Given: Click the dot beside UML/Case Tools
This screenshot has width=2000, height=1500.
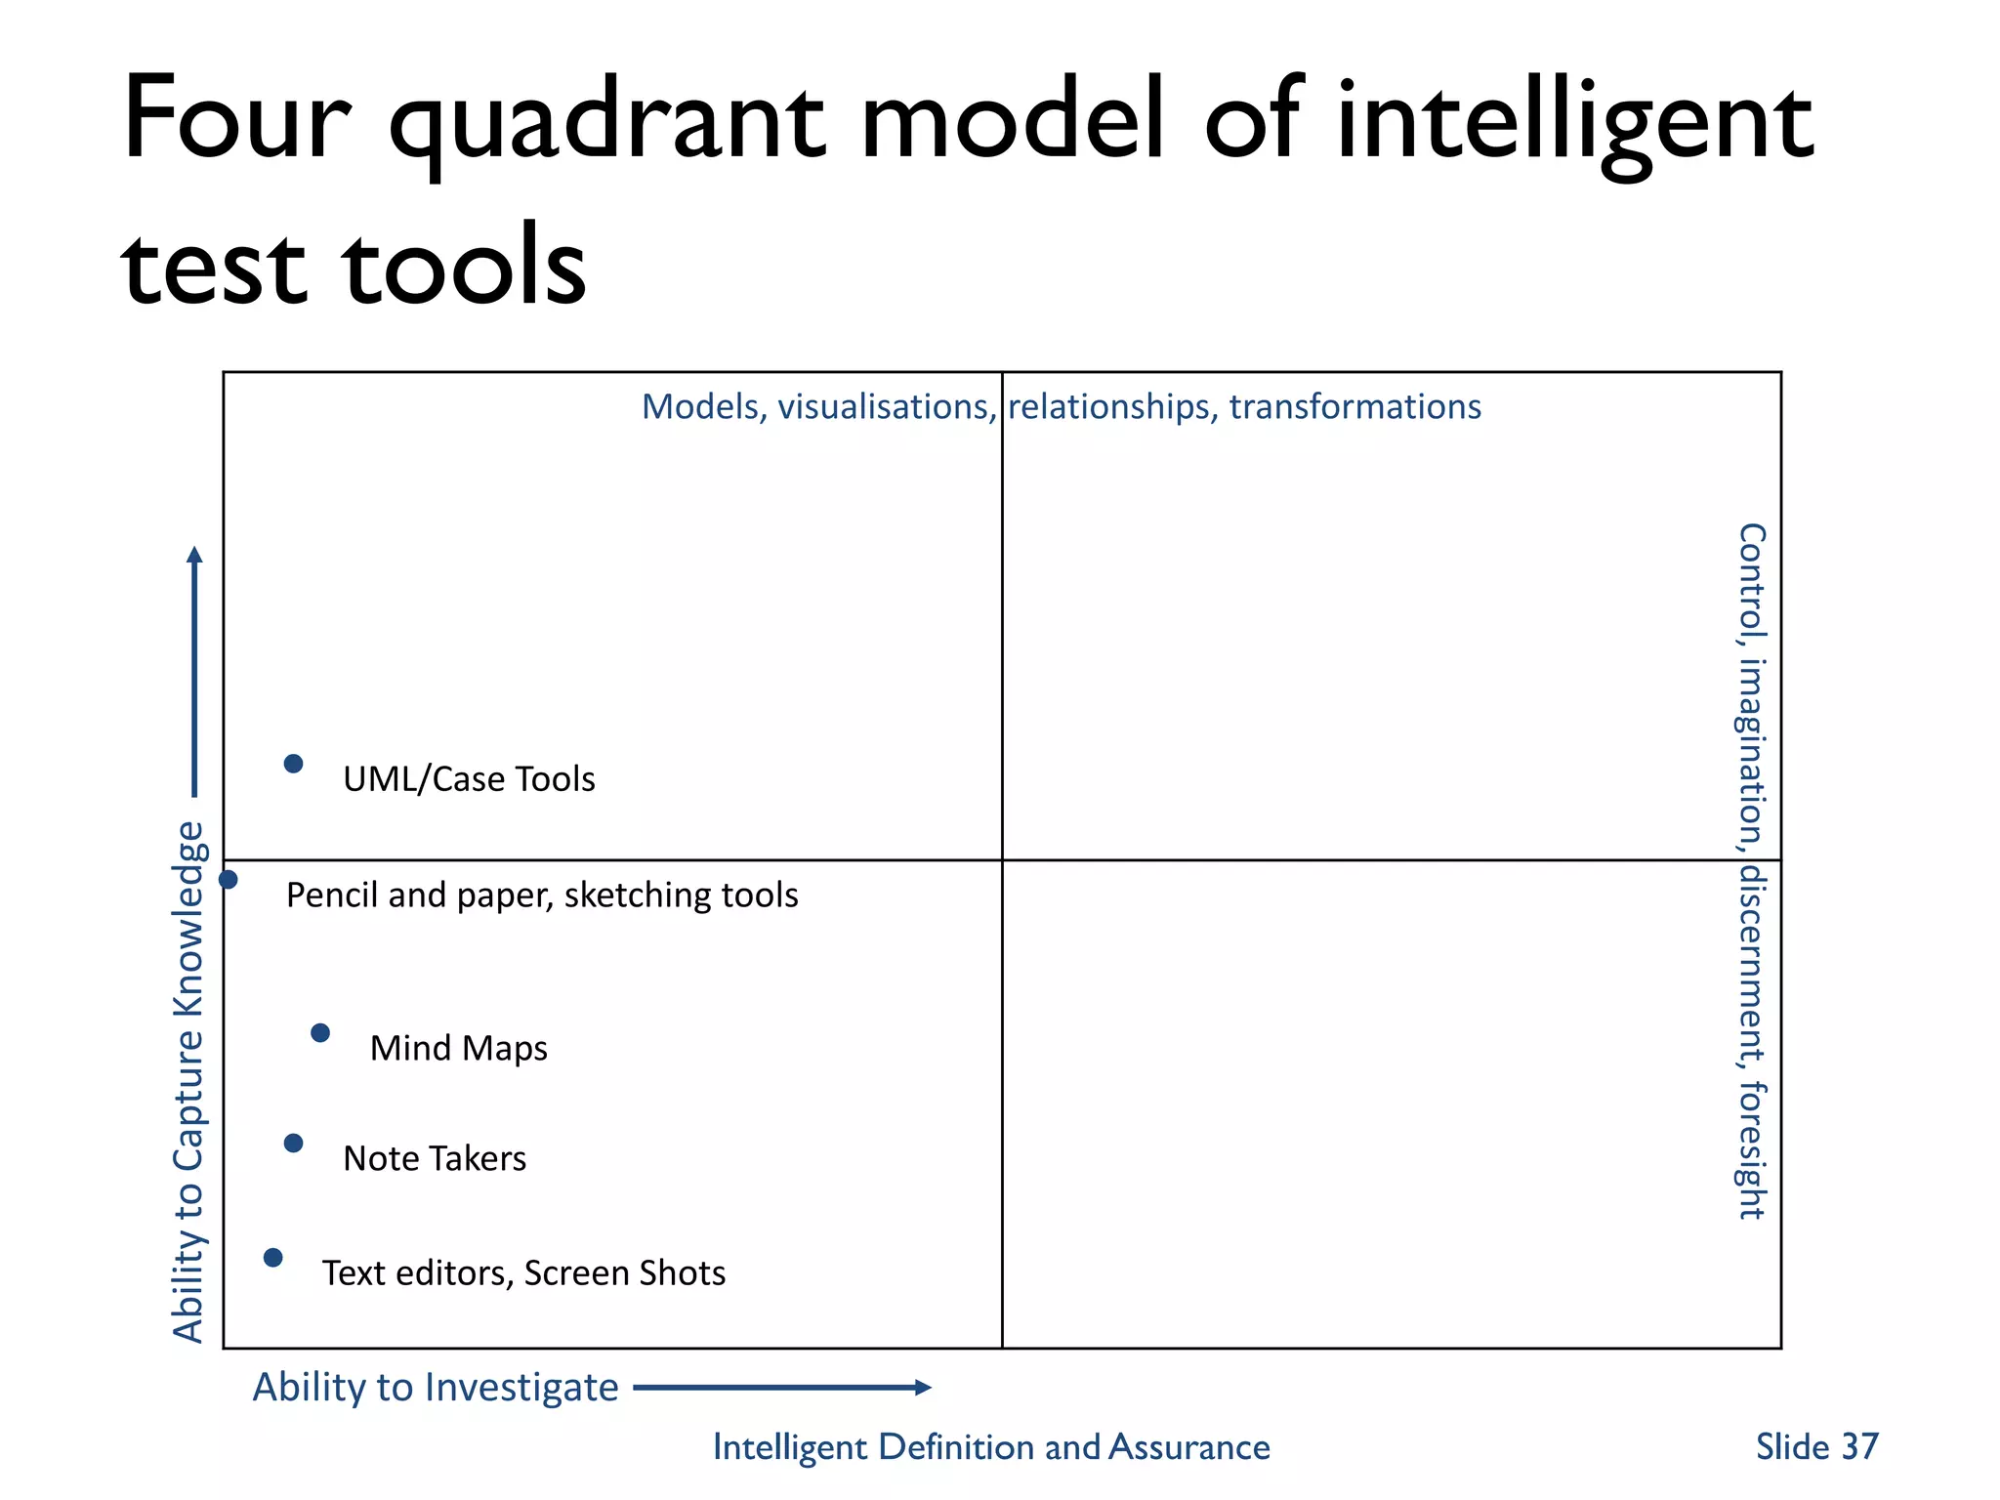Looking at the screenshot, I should [293, 764].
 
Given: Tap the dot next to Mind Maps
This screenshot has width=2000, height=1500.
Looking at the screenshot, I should [320, 1033].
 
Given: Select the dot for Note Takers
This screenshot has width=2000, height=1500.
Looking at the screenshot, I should [293, 1144].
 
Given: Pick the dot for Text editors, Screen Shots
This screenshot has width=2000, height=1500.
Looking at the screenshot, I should [273, 1258].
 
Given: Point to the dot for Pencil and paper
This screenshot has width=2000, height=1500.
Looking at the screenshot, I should [229, 880].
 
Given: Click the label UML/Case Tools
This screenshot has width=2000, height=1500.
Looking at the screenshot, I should [469, 779].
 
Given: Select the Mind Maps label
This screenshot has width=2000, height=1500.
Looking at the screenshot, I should [458, 1048].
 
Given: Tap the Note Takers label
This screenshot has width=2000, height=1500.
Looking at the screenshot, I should [435, 1158].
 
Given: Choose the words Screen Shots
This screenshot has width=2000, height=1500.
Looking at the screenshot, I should [625, 1273].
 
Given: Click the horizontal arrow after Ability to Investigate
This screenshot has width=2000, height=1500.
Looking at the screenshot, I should [781, 1388].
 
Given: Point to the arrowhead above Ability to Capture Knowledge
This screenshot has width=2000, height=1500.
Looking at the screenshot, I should [195, 556].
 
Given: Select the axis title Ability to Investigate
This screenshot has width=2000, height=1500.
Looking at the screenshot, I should [436, 1388].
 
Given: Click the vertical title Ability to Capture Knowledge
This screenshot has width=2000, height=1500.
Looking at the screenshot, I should [188, 1082].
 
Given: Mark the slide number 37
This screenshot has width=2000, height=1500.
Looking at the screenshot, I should [1859, 1446].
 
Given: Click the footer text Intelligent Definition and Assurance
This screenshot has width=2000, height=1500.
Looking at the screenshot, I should [991, 1446].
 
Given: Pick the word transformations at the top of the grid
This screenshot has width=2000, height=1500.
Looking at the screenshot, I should [1354, 407].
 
